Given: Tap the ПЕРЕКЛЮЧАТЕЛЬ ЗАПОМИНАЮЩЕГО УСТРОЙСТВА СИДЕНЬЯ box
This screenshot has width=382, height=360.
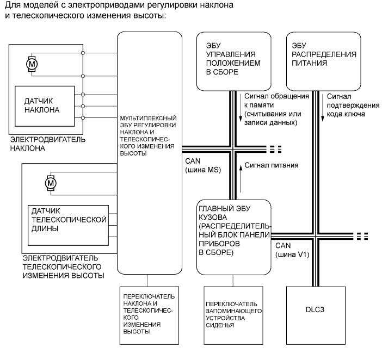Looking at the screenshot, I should (x=233, y=314).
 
